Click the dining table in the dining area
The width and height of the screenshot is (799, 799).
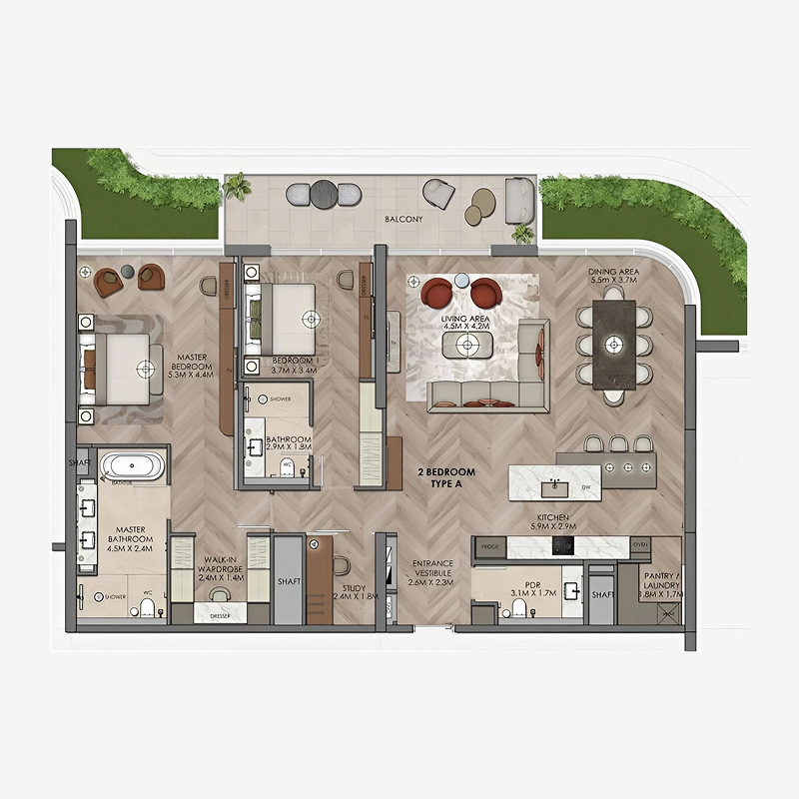click(x=614, y=345)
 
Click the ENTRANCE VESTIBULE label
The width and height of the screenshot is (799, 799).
click(x=432, y=572)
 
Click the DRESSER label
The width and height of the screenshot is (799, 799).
click(x=221, y=616)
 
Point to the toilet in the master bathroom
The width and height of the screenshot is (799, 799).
click(x=148, y=606)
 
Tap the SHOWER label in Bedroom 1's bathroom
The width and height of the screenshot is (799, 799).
click(x=283, y=399)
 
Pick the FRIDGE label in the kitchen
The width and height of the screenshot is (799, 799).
click(x=489, y=547)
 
